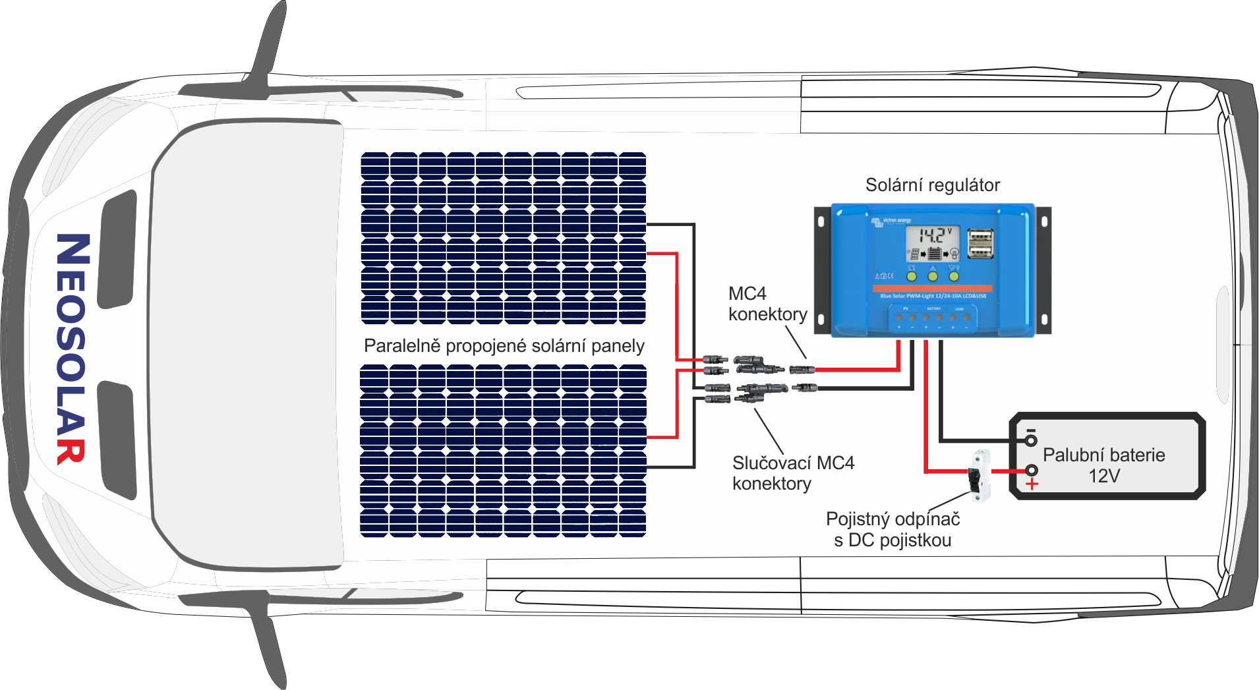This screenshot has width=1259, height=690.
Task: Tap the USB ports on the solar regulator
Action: click(980, 243)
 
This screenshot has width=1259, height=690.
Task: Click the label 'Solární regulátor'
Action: click(932, 185)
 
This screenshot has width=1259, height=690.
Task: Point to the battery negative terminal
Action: click(1031, 440)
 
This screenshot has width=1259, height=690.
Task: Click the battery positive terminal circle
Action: click(1032, 470)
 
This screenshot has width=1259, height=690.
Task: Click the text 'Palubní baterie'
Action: click(1103, 455)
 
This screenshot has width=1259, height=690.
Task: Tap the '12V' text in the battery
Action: click(1104, 476)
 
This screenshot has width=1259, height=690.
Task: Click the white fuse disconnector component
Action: click(978, 476)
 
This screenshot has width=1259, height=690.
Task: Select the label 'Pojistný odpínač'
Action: click(893, 519)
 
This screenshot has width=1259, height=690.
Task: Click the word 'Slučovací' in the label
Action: click(771, 463)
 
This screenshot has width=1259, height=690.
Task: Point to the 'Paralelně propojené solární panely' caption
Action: click(504, 346)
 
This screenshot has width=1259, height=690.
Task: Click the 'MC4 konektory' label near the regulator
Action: click(767, 304)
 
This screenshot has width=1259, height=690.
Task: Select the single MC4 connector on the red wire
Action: click(802, 369)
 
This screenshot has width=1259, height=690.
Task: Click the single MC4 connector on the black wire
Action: click(804, 388)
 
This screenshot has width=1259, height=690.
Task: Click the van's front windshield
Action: click(247, 346)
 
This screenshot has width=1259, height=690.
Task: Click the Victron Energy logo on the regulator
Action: click(891, 221)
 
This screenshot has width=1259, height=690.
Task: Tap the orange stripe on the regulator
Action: click(932, 289)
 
